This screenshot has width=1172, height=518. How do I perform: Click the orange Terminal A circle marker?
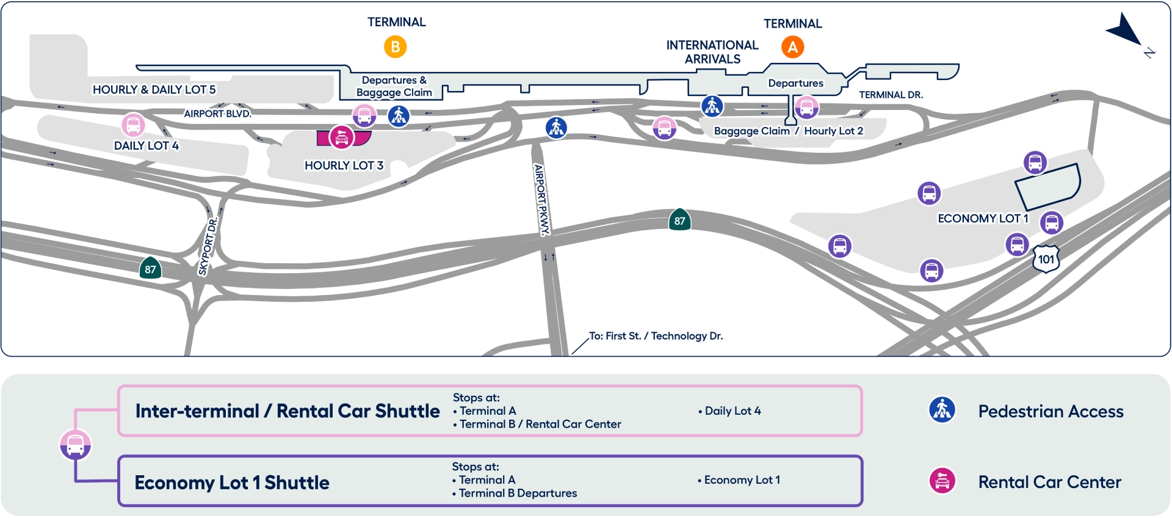tap(792, 47)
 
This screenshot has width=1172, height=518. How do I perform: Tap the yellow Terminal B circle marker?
tap(395, 47)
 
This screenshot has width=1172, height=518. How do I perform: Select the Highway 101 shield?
tap(1046, 259)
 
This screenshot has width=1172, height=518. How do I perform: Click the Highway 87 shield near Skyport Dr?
tap(150, 269)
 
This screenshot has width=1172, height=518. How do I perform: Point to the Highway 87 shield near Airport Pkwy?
tap(679, 221)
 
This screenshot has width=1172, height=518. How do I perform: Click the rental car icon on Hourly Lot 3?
tap(341, 137)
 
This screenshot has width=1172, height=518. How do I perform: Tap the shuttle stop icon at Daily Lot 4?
tap(133, 125)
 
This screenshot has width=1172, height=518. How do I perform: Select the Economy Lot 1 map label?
tap(983, 219)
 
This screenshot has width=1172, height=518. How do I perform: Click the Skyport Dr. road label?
tap(208, 247)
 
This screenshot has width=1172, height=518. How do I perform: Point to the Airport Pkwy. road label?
tap(541, 199)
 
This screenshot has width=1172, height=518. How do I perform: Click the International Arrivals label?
tap(712, 52)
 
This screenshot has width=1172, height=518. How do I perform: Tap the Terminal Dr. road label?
tap(891, 95)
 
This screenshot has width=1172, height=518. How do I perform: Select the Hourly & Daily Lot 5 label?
tap(154, 90)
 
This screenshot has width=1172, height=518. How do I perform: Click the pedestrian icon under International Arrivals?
tap(712, 106)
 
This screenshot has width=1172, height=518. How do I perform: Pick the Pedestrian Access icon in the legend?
tap(942, 410)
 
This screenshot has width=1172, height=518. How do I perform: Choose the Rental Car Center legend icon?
tap(942, 481)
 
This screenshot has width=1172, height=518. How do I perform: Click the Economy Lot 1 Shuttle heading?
tap(232, 483)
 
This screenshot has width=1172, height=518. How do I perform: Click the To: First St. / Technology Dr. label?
tap(656, 336)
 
